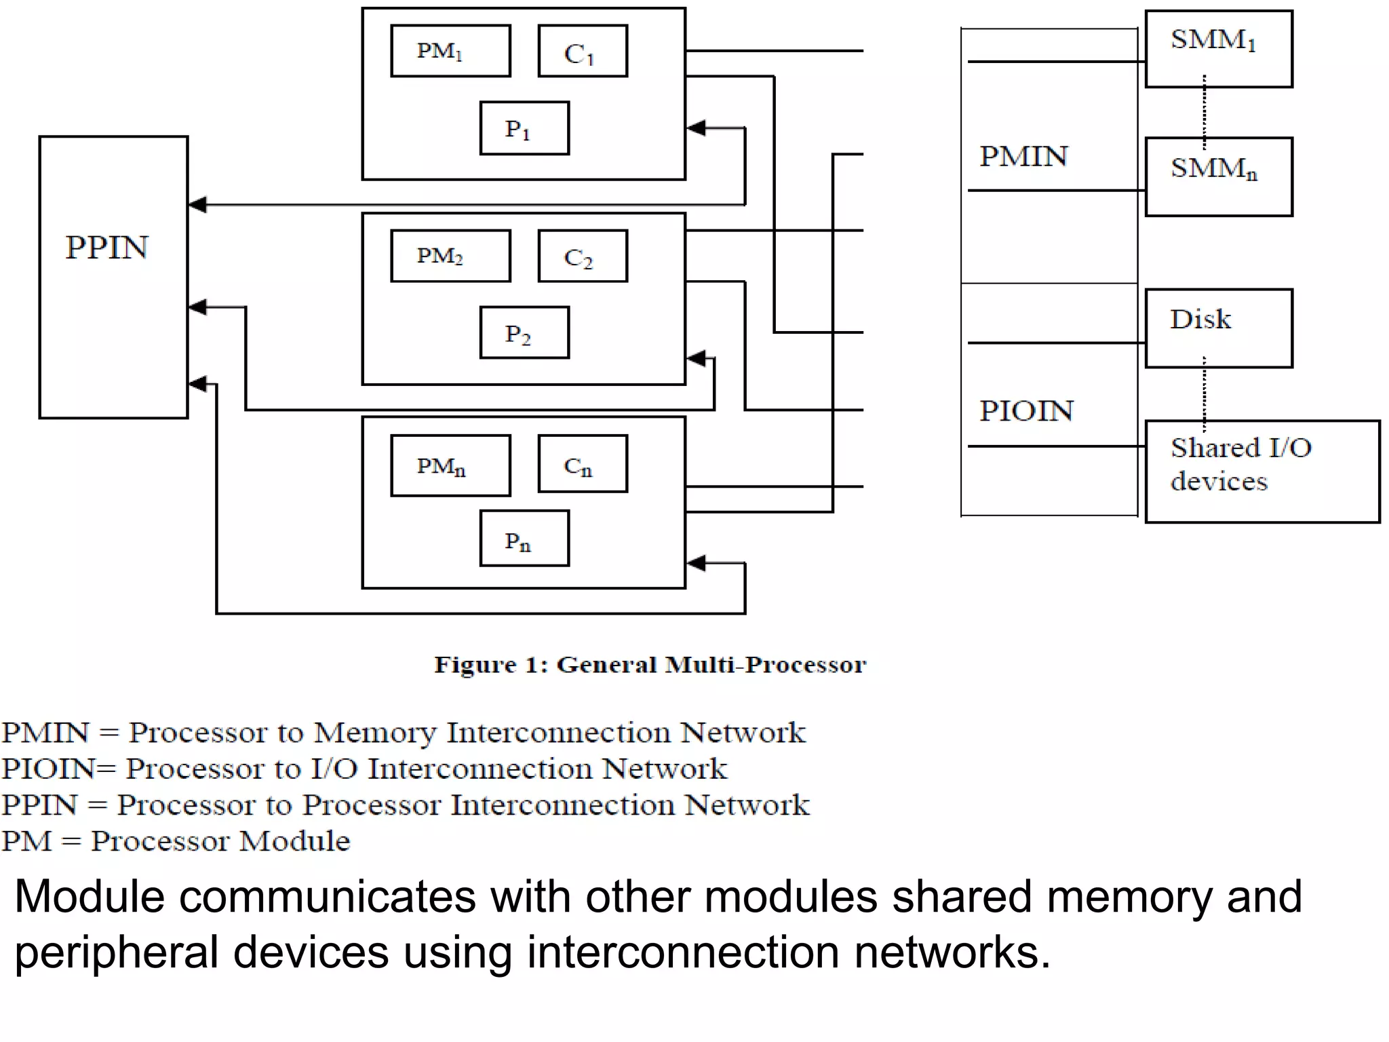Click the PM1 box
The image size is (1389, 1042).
450,51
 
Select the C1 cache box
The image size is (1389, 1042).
583,52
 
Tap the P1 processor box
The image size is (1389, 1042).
524,128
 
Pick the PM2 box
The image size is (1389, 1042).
450,256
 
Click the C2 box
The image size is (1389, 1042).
583,256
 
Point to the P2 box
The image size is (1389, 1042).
524,332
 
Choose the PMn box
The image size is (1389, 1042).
450,465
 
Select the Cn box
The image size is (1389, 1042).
583,464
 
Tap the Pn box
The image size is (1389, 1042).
524,539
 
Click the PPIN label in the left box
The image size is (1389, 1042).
106,248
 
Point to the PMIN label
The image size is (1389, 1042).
1023,157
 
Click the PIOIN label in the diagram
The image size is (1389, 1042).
1026,411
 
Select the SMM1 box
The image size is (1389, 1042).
1219,49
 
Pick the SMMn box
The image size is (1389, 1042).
1219,177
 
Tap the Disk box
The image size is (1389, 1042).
1219,328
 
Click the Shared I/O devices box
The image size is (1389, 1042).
1261,471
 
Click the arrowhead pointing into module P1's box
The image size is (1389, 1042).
697,128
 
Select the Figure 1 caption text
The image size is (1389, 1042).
650,665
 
